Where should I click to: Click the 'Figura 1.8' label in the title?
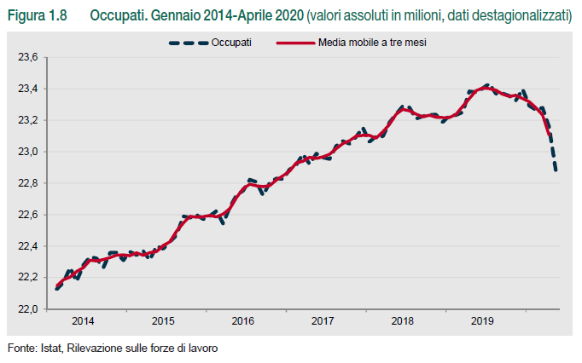(38, 17)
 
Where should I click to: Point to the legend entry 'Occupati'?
(231, 42)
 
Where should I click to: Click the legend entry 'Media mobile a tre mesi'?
(371, 42)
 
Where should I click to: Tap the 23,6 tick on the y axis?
(28, 57)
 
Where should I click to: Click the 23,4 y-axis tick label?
(28, 89)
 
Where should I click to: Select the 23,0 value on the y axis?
(28, 152)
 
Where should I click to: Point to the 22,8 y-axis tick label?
(28, 183)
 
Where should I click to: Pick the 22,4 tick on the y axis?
(28, 246)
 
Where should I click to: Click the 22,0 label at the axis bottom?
(28, 309)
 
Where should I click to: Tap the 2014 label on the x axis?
(84, 321)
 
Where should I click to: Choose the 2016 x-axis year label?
(243, 321)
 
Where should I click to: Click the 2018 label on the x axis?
(403, 321)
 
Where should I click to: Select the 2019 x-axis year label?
(483, 321)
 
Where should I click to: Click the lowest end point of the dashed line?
(556, 170)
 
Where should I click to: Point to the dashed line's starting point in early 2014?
(56, 289)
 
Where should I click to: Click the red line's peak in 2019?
(486, 87)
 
